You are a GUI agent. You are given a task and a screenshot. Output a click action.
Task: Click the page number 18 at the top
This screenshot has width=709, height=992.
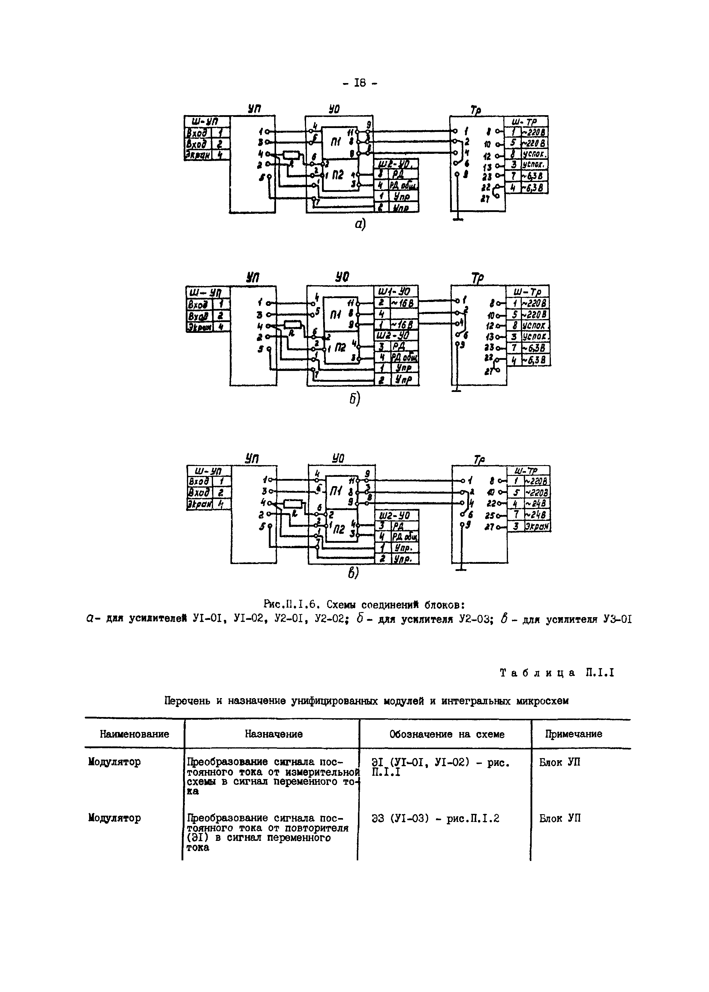(x=360, y=83)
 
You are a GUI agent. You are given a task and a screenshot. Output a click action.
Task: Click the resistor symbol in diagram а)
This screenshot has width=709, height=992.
(x=292, y=155)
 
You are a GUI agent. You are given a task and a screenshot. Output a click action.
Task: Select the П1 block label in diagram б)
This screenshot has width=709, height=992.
(x=336, y=315)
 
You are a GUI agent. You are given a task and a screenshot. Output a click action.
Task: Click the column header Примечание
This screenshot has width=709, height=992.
(x=573, y=734)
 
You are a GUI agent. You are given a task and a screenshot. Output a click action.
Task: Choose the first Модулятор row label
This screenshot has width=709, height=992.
(x=114, y=762)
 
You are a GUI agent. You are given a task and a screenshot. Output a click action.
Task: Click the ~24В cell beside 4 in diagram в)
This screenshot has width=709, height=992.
(x=536, y=504)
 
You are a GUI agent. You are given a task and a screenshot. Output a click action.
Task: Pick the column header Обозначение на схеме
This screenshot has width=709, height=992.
(x=447, y=734)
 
